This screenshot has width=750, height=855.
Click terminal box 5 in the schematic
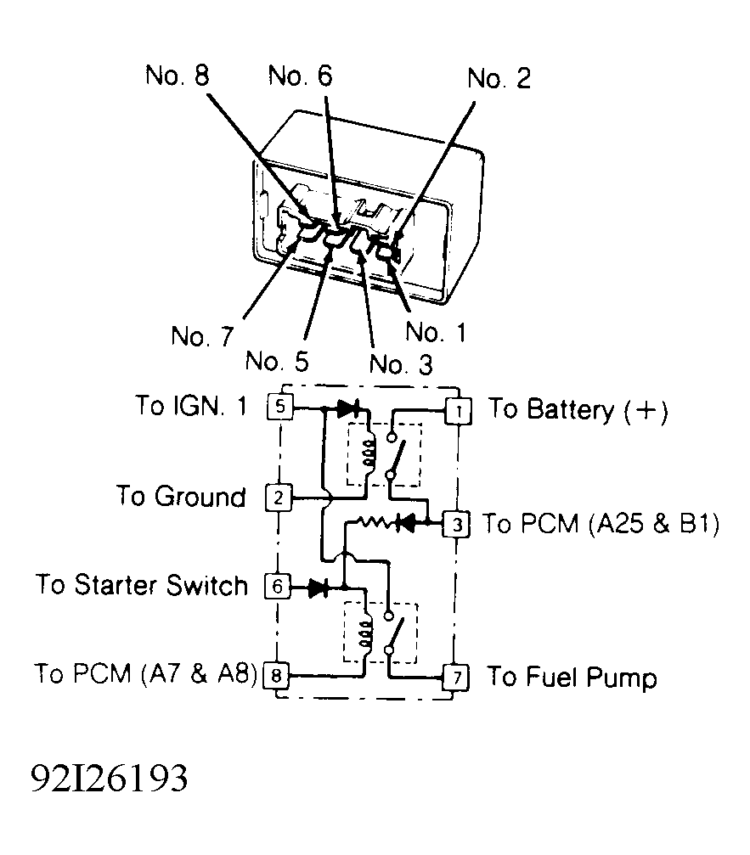point(279,407)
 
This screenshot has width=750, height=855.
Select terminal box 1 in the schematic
point(458,411)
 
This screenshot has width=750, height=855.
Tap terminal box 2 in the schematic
point(279,497)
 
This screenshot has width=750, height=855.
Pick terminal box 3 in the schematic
point(457,524)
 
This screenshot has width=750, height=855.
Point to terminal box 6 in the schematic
point(279,586)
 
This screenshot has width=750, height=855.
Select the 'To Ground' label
point(181,497)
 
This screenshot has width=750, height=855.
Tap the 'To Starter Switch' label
point(142,586)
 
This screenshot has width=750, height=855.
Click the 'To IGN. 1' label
point(191,406)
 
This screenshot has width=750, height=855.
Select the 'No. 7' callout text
point(201,336)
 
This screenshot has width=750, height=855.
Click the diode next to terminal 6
point(319,586)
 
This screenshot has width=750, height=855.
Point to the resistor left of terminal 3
point(374,523)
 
